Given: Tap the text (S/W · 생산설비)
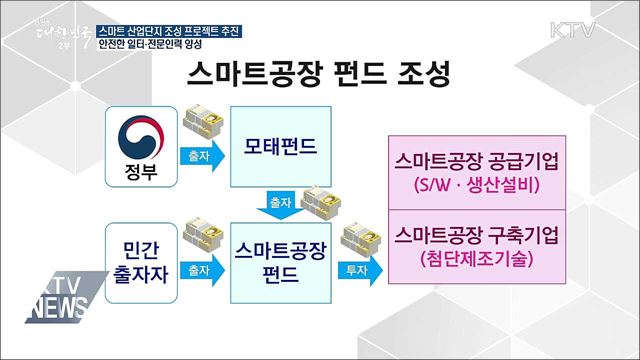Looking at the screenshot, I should (478, 187).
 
